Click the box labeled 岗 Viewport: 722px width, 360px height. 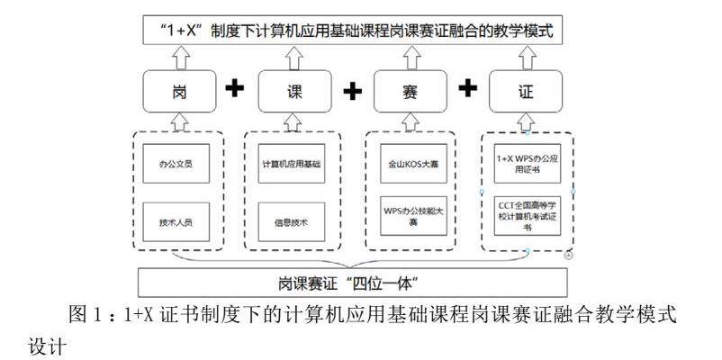(179, 90)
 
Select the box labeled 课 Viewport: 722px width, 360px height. (294, 90)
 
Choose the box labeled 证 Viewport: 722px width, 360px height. (526, 90)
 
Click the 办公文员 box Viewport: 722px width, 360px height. (176, 164)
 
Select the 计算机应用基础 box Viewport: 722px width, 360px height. (293, 164)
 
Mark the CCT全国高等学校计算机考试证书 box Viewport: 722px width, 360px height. (528, 216)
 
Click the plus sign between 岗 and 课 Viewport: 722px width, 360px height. (235, 90)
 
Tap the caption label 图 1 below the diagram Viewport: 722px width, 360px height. (87, 317)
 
